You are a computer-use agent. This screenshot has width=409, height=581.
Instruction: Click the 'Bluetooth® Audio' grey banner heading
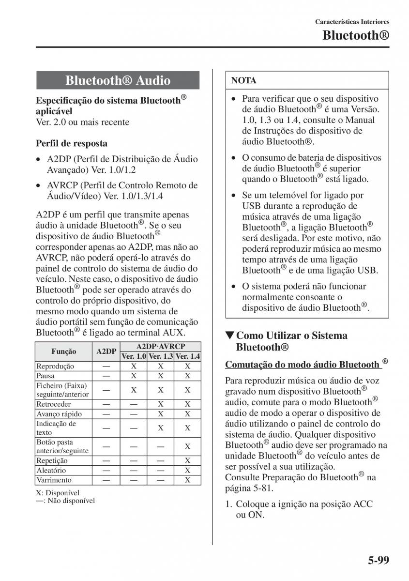tap(118, 80)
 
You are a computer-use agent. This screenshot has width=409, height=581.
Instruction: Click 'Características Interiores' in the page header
tap(352, 22)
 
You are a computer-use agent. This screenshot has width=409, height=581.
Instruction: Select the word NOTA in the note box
tap(244, 80)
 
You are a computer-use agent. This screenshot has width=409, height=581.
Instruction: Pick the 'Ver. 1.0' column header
tap(134, 356)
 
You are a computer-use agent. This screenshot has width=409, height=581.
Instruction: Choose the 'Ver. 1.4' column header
tap(188, 356)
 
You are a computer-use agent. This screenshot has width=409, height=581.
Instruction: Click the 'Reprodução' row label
tap(55, 367)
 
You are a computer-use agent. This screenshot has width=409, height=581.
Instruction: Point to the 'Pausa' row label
tap(45, 376)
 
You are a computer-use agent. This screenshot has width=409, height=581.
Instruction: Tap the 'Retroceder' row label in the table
tap(53, 404)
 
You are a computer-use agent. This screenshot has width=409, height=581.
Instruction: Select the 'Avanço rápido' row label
tap(59, 414)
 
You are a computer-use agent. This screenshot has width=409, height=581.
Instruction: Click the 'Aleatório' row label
tap(51, 470)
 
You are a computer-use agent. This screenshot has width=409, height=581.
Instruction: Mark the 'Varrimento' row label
tap(54, 480)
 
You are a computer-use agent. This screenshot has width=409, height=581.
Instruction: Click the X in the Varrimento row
tap(188, 480)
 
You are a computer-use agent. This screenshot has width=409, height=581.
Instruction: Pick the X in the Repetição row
tap(188, 461)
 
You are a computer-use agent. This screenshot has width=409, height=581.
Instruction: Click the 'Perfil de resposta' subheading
tap(72, 143)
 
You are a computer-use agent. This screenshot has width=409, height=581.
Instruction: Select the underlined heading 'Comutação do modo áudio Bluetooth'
tap(303, 364)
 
